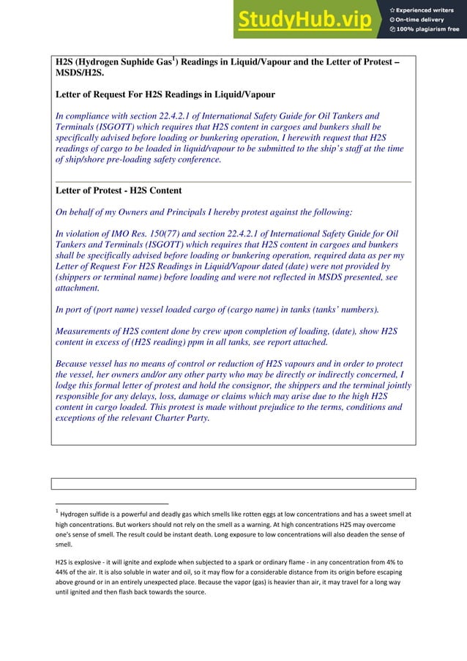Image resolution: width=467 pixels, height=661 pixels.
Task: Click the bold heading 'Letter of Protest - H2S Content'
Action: pos(119,191)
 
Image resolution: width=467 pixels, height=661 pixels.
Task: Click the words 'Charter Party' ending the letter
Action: pos(178,419)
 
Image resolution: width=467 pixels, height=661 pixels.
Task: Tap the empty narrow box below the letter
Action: pos(233,483)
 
